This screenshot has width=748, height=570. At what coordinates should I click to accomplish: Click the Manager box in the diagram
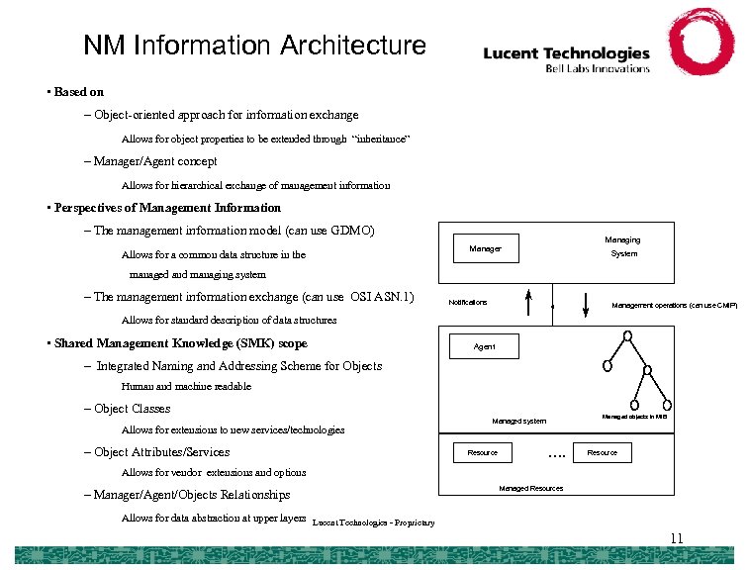click(485, 248)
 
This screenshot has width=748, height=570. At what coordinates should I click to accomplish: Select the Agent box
click(485, 347)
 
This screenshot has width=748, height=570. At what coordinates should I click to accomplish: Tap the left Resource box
click(483, 452)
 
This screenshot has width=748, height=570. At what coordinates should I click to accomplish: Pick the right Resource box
click(602, 452)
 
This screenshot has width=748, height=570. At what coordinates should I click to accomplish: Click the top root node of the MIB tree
click(628, 336)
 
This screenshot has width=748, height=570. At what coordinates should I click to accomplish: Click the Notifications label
click(468, 302)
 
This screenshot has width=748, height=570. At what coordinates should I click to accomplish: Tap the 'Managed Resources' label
click(530, 488)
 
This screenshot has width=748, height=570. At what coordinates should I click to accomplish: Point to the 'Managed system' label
click(519, 421)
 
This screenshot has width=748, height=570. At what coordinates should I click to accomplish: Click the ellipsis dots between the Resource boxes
click(556, 454)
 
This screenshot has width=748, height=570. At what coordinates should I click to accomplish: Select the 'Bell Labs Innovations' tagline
click(598, 68)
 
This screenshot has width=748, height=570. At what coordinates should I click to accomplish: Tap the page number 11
click(676, 538)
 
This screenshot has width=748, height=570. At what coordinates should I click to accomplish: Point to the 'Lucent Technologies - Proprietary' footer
click(373, 522)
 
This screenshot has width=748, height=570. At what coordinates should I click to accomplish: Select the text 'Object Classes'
click(132, 409)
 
